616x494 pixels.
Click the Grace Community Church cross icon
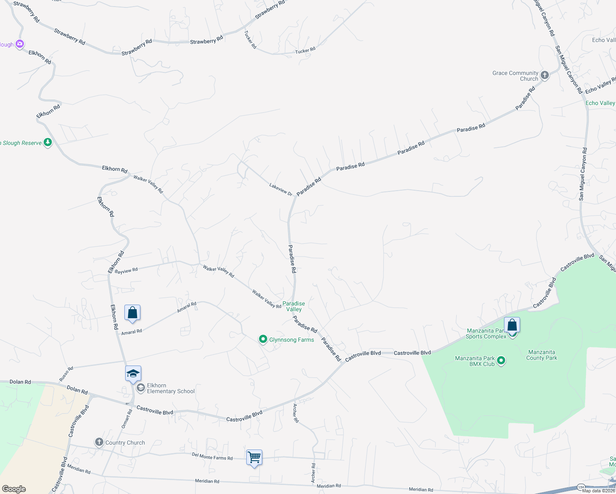tap(544, 75)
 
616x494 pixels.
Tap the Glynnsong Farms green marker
tap(263, 339)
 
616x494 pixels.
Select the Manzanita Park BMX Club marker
tap(501, 361)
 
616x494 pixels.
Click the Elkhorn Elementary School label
tap(170, 388)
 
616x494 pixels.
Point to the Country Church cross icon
tap(99, 442)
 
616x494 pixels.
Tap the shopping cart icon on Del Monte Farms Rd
tap(254, 457)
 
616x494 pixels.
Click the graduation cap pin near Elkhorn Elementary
tap(133, 374)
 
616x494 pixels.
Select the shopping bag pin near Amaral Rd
tap(132, 313)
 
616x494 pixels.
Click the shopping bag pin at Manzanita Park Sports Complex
tap(512, 325)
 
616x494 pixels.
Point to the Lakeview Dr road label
tap(281, 189)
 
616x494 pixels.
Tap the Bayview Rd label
tap(126, 270)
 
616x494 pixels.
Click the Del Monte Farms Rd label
tap(212, 456)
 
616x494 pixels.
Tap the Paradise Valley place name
tap(294, 306)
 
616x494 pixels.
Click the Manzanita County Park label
tap(541, 355)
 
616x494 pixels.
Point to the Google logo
tap(14, 489)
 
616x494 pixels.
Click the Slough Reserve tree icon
tap(48, 142)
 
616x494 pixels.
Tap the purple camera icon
tap(20, 44)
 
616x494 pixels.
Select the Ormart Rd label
tap(126, 419)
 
